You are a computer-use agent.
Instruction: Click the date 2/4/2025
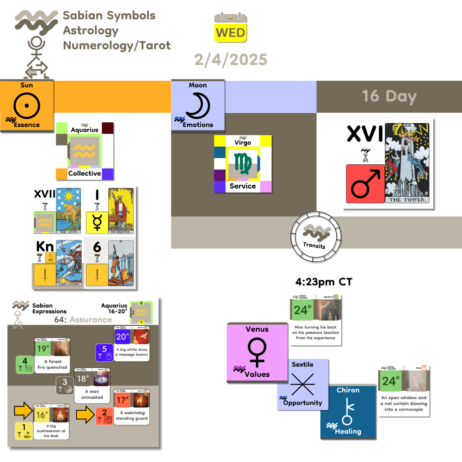[231, 59]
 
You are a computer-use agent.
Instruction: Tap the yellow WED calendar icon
[231, 28]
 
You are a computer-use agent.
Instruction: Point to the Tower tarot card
[406, 163]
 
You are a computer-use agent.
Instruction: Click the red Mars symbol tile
[365, 183]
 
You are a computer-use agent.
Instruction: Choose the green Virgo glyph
[243, 164]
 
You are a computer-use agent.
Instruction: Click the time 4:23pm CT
[323, 282]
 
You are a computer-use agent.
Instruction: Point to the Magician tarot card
[121, 211]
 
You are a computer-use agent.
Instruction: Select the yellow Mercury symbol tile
[97, 223]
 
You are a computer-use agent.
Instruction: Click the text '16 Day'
[389, 96]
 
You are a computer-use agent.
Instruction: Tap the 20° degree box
[123, 337]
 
